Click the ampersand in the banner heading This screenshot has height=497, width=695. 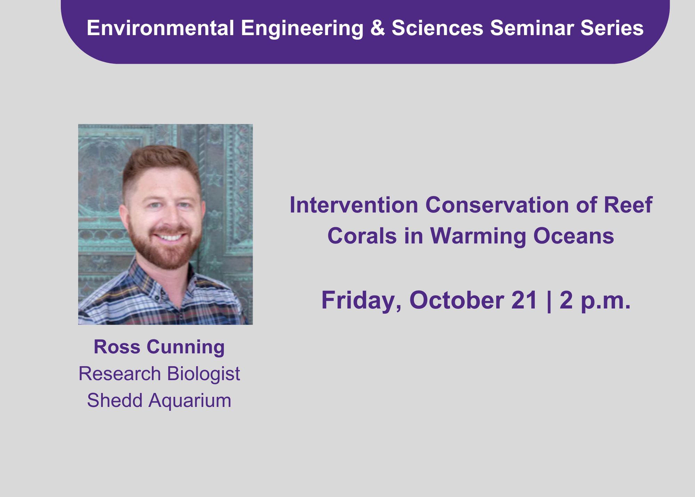(x=378, y=28)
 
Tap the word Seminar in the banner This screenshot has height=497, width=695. (x=532, y=28)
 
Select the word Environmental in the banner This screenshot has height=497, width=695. (x=161, y=28)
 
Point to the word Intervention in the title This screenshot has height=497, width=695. (x=354, y=205)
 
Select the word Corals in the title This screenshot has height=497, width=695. (x=362, y=236)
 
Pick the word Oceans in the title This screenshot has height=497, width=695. (x=574, y=236)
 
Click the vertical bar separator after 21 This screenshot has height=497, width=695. (x=549, y=301)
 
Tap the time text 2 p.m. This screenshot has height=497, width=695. (x=595, y=300)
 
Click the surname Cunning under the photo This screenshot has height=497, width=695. (x=186, y=347)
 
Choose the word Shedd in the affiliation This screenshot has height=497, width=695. (x=115, y=400)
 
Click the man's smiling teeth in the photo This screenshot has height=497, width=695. (x=170, y=238)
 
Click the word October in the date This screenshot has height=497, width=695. (x=456, y=300)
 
